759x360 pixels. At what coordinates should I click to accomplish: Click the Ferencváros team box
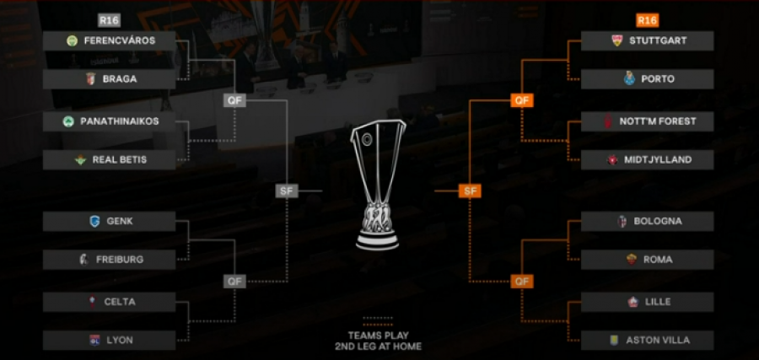[109, 40]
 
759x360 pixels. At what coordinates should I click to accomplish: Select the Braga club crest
[91, 79]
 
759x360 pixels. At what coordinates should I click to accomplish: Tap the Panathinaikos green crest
[68, 121]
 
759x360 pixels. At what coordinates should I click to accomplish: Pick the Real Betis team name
[120, 159]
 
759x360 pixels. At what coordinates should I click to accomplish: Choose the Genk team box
[109, 221]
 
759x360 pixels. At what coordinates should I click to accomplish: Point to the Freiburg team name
[120, 260]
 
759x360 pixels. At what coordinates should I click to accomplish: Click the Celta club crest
[92, 302]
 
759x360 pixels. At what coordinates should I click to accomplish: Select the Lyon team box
[109, 340]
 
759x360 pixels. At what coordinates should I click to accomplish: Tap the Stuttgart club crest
[616, 40]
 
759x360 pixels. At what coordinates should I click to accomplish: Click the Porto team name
[658, 79]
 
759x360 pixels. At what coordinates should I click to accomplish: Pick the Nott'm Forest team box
[647, 121]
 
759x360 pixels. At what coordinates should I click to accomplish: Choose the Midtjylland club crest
[612, 159]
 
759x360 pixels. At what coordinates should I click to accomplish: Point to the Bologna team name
[658, 221]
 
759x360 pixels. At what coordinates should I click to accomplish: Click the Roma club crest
[631, 260]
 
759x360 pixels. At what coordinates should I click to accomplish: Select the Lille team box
[647, 302]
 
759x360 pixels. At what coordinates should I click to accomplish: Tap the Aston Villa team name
[658, 340]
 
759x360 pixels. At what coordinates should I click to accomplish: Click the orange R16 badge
[647, 20]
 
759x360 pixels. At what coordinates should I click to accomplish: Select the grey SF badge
[287, 191]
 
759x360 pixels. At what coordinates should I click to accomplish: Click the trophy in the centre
[378, 185]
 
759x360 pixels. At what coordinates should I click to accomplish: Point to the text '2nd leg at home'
[378, 347]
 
